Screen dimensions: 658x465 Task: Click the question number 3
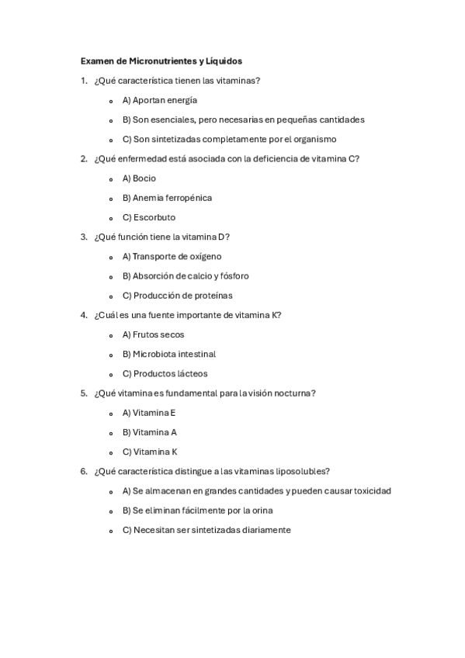[83, 237]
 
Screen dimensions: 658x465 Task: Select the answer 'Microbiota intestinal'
[168, 354]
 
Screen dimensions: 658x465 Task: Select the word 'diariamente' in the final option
[264, 530]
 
